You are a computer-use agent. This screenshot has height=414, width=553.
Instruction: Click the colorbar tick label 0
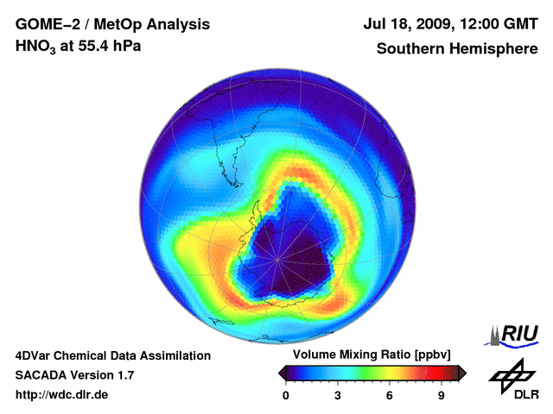click(286, 396)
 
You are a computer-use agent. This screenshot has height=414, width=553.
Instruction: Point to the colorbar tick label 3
click(338, 396)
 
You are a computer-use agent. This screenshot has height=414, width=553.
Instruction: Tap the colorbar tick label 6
click(390, 396)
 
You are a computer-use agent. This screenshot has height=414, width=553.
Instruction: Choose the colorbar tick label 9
click(441, 396)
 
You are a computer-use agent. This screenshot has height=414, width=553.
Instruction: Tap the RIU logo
click(517, 335)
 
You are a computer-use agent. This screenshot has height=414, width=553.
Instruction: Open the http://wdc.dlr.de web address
click(62, 395)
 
